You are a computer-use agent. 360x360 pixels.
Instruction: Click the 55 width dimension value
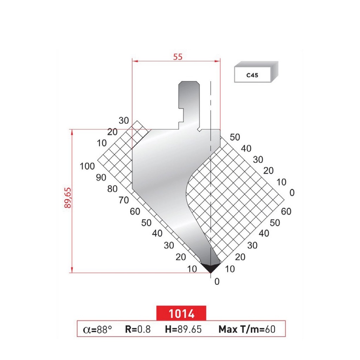coord(178,57)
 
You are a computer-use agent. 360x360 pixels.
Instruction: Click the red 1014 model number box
coord(181,313)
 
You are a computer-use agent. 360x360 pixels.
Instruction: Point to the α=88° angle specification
coord(97,329)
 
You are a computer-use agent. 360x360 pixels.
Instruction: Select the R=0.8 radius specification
coord(137,329)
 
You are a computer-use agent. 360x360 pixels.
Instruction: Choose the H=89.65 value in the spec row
coord(183,329)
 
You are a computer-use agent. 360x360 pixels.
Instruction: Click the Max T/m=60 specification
coord(246,329)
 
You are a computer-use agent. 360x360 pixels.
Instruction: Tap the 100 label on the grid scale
coord(87,166)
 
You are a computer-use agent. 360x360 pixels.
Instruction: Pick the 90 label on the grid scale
coord(101,178)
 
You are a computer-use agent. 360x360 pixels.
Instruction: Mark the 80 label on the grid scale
coord(112,189)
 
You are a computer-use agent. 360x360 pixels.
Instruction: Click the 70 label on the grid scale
coord(124,200)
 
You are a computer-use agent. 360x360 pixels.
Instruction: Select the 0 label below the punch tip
coord(217,282)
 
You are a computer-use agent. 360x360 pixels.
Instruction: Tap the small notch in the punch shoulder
coord(199,130)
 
